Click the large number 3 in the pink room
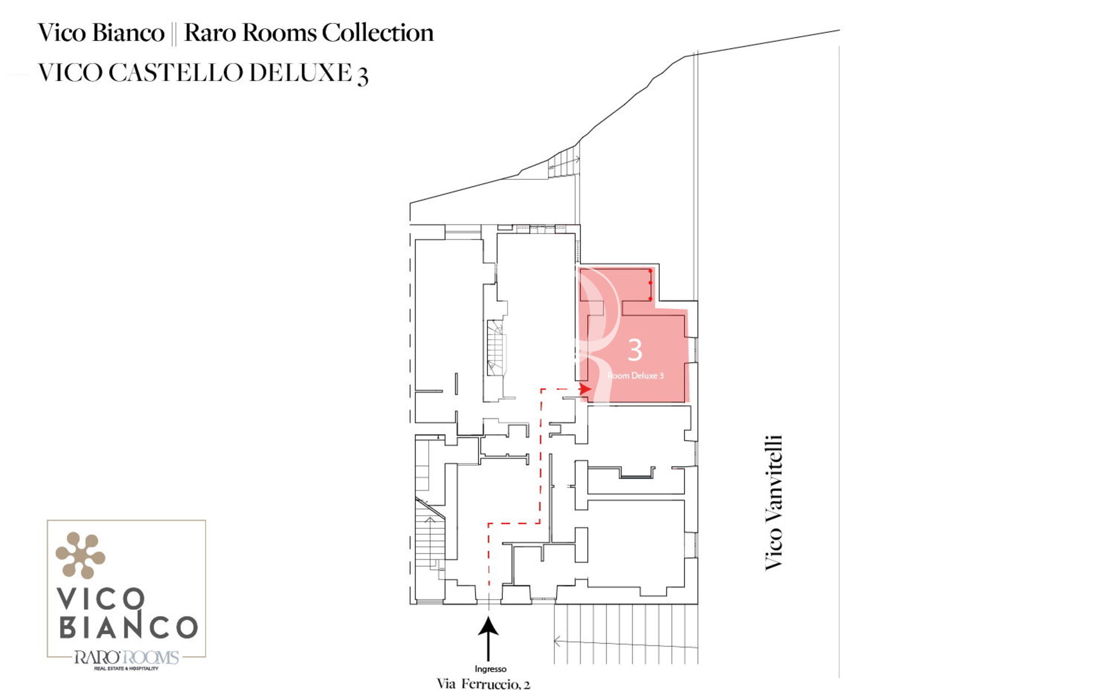click(634, 350)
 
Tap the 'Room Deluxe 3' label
click(635, 375)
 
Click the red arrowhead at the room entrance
click(585, 389)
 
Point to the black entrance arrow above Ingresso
click(489, 639)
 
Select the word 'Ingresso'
click(490, 669)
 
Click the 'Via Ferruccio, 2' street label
click(483, 684)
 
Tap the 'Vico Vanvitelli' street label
click(773, 503)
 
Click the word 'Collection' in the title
click(378, 33)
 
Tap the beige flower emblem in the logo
click(80, 555)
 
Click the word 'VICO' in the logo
click(101, 599)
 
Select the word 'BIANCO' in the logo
click(128, 627)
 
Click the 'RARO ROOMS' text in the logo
click(126, 657)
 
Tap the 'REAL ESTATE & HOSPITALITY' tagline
click(126, 668)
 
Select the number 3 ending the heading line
click(363, 76)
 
